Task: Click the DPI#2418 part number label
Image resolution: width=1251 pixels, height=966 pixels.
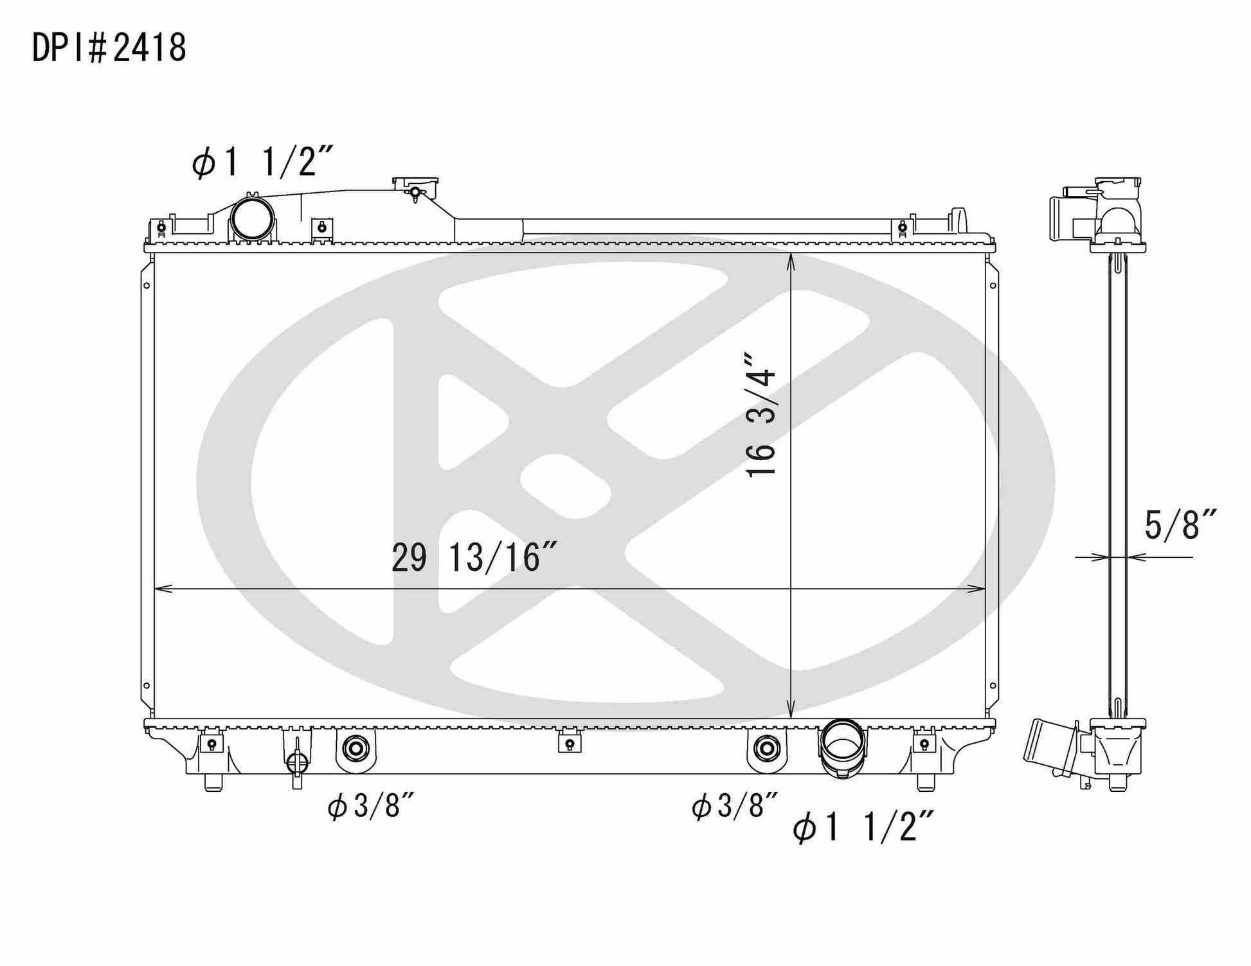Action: [x=109, y=48]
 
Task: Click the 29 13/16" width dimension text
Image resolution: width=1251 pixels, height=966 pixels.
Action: [x=474, y=557]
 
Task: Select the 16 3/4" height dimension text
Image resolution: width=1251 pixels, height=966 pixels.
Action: [x=761, y=414]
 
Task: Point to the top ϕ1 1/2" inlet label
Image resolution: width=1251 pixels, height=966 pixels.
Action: [x=262, y=161]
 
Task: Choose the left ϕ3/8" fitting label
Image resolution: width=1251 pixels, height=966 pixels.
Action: [x=370, y=805]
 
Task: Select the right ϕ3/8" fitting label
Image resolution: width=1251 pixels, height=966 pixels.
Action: [x=735, y=805]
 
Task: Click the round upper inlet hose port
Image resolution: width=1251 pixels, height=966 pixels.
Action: [x=251, y=219]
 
